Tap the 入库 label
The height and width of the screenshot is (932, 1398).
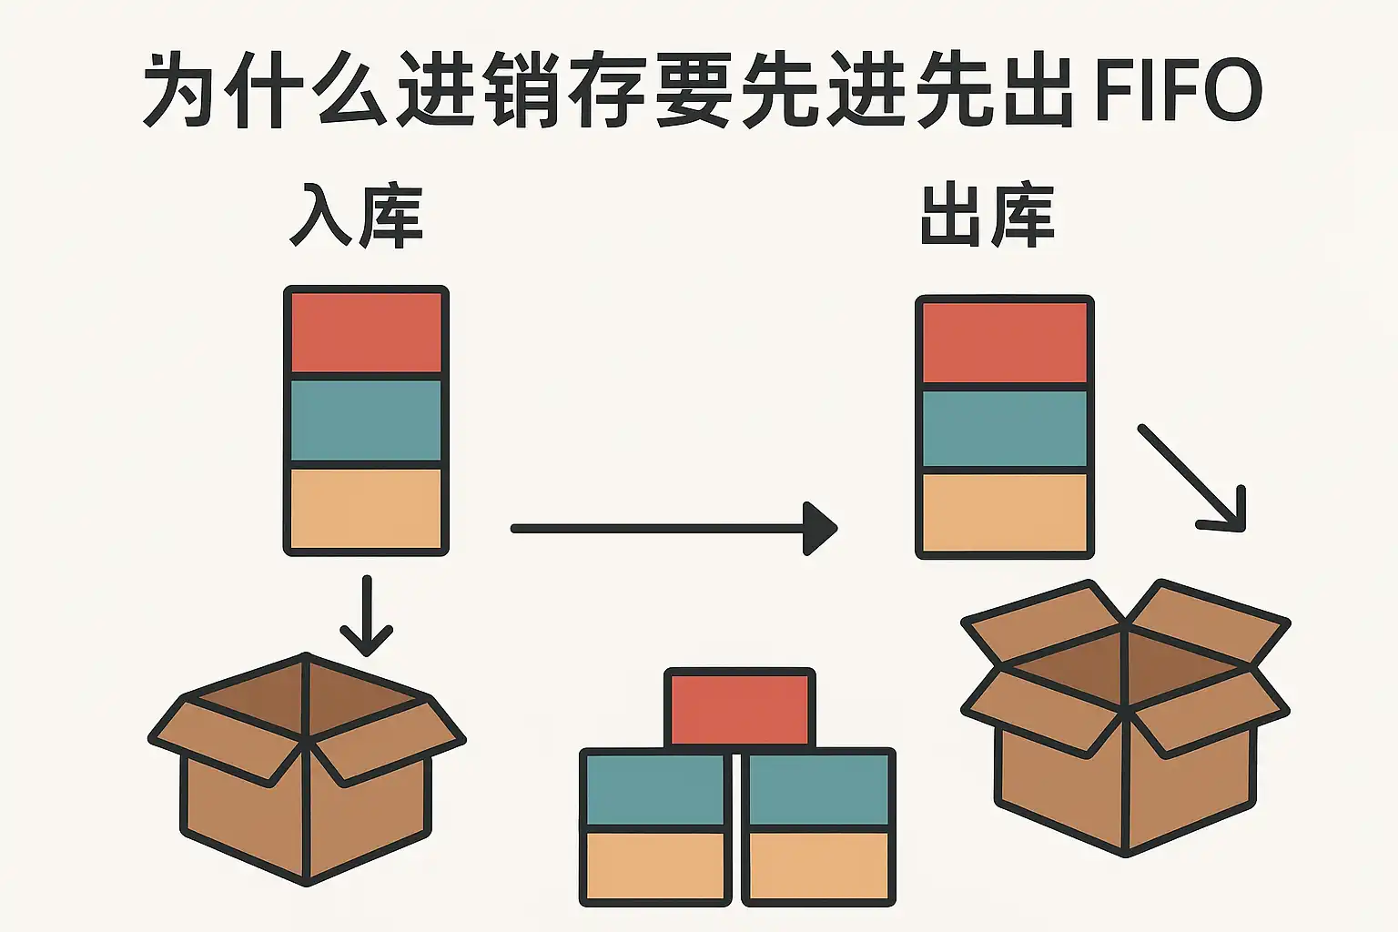coord(356,216)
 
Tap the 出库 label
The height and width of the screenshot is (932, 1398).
coord(987,216)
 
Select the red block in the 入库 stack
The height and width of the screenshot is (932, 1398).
coord(366,331)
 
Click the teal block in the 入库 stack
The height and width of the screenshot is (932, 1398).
coord(366,420)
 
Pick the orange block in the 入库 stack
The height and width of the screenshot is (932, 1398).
coord(366,508)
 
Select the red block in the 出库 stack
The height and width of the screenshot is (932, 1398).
coord(1005,342)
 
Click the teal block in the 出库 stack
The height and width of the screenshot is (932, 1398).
coord(1005,429)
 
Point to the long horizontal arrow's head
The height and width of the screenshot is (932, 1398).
coord(819,528)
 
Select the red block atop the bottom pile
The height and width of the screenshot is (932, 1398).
coord(740,708)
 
